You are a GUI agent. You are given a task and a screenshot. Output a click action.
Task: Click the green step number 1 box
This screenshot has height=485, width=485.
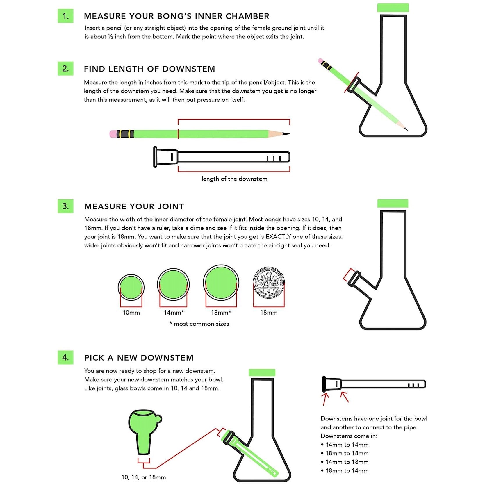coord(65,16)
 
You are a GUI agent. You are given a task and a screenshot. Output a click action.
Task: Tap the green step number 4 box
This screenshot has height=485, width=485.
coord(65,357)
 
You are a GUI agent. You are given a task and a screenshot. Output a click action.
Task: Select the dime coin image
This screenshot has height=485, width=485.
coord(268,282)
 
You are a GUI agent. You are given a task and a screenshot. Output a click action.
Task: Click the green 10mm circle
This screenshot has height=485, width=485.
coord(131,287)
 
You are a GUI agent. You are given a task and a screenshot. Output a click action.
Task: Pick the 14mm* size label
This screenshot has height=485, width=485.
coord(174,313)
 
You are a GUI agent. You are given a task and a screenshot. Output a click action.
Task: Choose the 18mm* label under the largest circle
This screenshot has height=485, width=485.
coord(221,313)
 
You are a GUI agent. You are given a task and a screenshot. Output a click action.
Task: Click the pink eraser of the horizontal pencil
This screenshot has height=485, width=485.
coord(113,134)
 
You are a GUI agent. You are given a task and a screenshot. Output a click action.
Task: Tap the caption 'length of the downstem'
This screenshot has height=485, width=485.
coord(234,179)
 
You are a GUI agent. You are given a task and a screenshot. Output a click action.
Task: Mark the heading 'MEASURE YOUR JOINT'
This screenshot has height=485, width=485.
coord(134,206)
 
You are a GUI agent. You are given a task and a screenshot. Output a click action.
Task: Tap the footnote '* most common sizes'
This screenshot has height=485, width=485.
coord(199,324)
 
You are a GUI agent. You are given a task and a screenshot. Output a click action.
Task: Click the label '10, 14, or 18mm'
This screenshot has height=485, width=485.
coord(143,477)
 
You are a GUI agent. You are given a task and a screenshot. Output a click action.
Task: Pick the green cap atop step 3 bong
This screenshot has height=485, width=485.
coord(393,203)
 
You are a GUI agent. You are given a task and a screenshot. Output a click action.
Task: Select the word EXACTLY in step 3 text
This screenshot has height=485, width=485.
coord(278,237)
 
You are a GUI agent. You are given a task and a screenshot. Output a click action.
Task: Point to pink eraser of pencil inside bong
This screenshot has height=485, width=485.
coord(320,61)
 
